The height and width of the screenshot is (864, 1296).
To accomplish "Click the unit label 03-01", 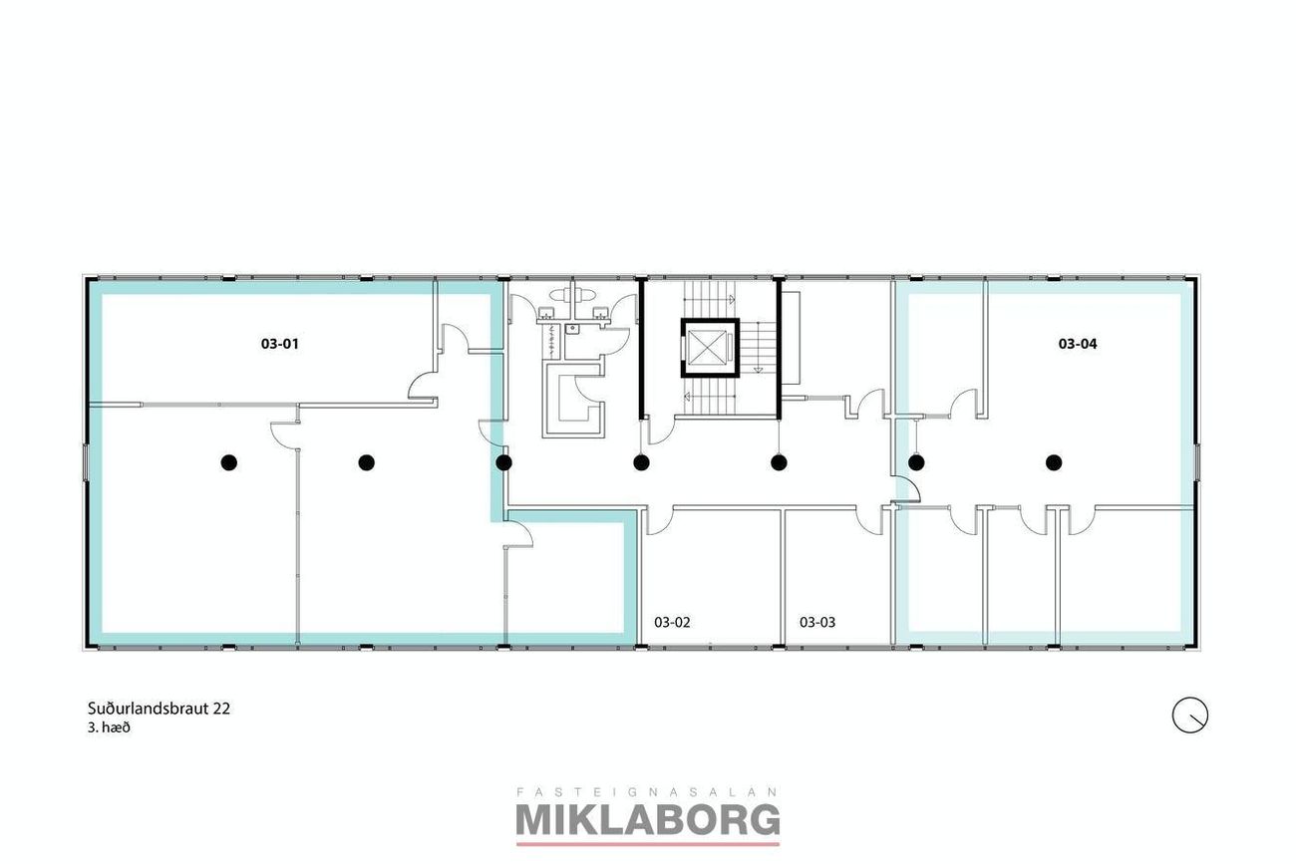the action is point(279,344).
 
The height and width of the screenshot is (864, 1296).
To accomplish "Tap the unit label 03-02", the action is point(672,622).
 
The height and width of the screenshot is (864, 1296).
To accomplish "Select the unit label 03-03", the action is point(816,622).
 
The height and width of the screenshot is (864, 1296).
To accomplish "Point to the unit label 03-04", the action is point(1078,344).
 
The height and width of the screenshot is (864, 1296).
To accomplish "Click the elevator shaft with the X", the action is point(710,348).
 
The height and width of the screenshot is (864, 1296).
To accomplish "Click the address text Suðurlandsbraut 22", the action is point(160,709).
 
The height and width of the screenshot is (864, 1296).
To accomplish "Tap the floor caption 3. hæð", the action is point(109,727).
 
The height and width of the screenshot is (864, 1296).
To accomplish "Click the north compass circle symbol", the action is point(1190,716).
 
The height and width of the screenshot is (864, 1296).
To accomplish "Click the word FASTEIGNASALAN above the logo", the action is point(647,791).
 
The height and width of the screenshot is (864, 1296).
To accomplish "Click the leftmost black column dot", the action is point(229,462).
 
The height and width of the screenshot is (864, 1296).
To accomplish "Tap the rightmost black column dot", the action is point(1054,462).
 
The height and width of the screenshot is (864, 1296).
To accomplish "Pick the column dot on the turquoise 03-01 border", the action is point(503,462).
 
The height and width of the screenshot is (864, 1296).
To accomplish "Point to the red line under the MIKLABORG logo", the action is point(647,844).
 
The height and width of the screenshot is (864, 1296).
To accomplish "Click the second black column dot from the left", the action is point(366,462).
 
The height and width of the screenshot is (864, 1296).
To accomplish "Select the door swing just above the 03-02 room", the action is point(659,521).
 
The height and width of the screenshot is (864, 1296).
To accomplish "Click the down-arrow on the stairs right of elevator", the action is point(758,370).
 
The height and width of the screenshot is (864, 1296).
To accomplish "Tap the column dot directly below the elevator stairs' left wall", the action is point(640,462).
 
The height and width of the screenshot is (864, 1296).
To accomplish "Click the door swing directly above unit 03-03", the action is point(868,520).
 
